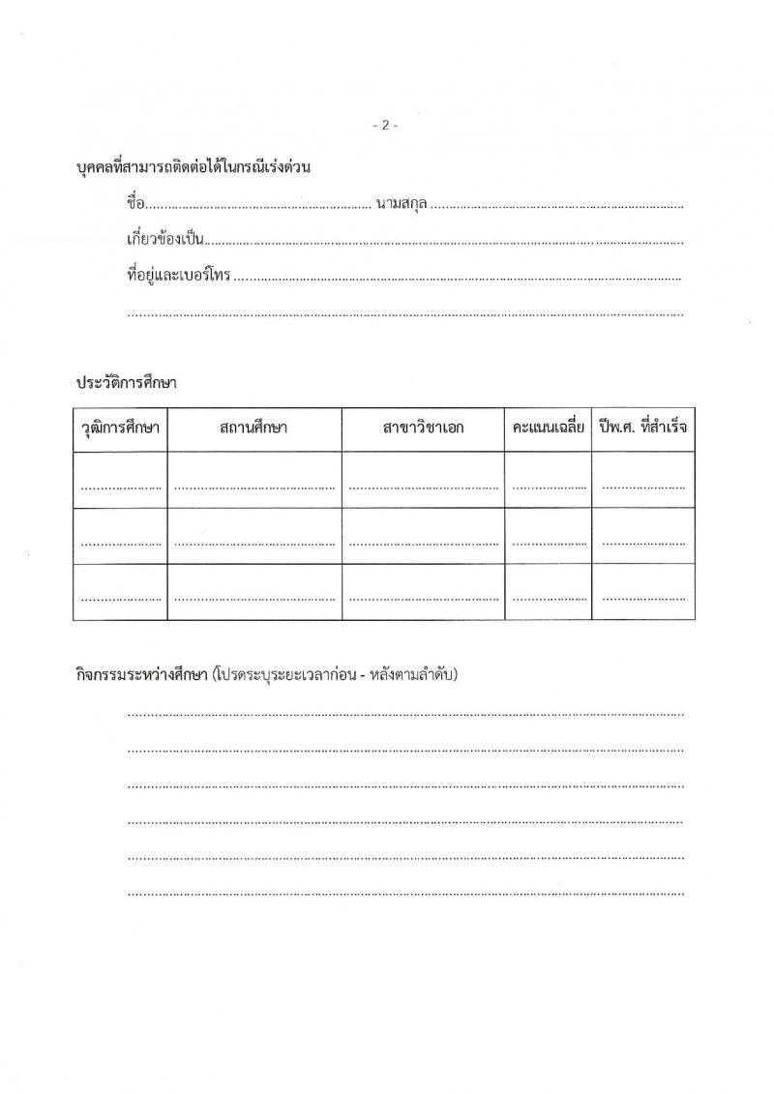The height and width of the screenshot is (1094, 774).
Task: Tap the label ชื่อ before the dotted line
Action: coord(135,204)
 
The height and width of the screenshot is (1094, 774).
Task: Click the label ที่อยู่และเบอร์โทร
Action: coord(179,276)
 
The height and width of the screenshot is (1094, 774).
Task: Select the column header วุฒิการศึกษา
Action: coord(120,429)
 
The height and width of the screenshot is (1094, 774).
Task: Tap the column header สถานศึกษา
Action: coord(253,429)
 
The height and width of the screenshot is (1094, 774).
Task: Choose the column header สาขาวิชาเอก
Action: coord(423,429)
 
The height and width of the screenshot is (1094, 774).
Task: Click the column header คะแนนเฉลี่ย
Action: coord(548,429)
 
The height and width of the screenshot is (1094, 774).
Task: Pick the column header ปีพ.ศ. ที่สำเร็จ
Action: coord(644,429)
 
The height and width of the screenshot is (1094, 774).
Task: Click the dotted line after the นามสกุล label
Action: coord(558,206)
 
